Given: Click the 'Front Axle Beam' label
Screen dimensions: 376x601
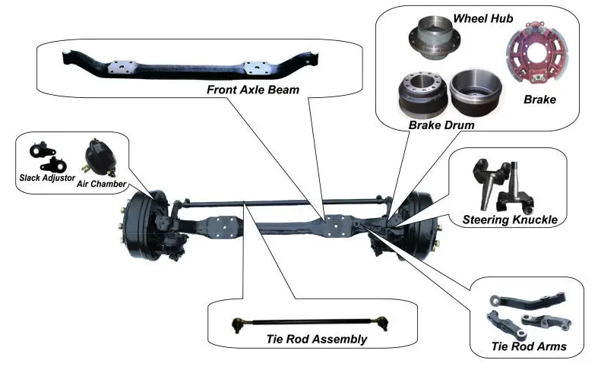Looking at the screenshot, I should [x=253, y=90].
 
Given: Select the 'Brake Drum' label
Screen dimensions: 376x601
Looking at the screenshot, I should [x=441, y=124].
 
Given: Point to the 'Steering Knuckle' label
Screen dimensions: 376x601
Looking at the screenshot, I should [x=510, y=220].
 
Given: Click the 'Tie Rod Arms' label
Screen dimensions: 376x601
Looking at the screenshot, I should [x=528, y=348].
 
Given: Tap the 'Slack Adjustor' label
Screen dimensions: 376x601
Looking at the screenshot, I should [x=47, y=178].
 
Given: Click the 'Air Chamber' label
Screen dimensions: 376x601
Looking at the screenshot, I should [x=101, y=184].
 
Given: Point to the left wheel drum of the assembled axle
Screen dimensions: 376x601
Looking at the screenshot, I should [x=141, y=220].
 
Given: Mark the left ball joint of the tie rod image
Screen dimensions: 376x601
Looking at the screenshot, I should [x=236, y=324].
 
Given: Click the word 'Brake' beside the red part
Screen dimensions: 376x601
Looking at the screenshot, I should [x=540, y=99].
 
